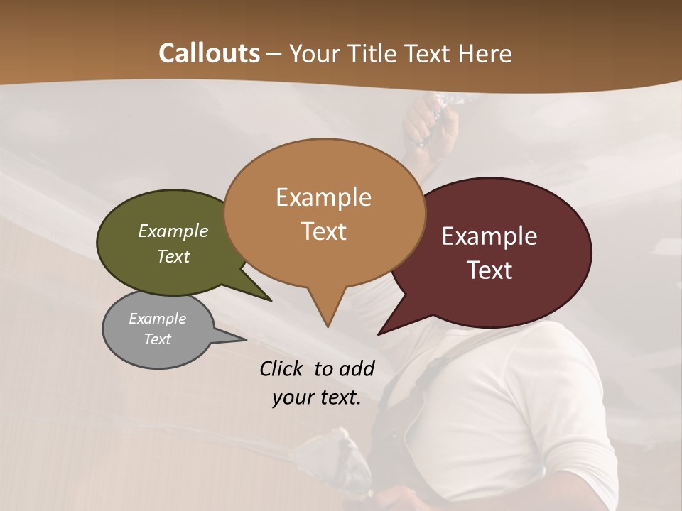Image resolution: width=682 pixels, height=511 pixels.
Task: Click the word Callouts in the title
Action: tap(209, 53)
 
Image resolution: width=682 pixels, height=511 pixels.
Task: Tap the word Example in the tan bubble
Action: tap(323, 197)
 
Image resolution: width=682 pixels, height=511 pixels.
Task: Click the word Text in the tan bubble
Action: tap(323, 231)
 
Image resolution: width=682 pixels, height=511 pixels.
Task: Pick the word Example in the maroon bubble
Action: tap(489, 236)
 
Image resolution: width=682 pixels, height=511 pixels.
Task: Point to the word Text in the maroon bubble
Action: tap(489, 270)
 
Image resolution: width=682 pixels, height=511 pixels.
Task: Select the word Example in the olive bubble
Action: tap(173, 231)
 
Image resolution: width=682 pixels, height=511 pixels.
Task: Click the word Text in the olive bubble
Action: tap(173, 256)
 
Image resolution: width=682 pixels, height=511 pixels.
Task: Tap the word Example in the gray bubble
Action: tap(157, 319)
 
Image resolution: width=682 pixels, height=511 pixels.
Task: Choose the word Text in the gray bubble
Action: tap(157, 339)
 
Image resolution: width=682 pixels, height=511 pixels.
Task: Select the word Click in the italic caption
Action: tap(283, 368)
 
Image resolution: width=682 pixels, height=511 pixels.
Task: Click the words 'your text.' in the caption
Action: tap(317, 397)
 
